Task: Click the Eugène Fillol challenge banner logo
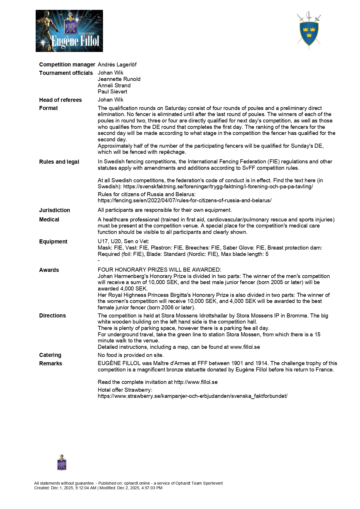[69, 31]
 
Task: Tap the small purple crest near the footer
[62, 463]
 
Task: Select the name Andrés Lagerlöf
[117, 64]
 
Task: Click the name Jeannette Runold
[119, 79]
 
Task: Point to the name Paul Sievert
[112, 92]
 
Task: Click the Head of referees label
[60, 100]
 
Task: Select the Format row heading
[48, 108]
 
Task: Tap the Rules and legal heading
[59, 162]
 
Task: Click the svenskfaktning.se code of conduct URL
[218, 187]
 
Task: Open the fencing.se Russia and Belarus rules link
[184, 201]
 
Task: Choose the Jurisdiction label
[55, 210]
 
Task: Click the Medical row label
[49, 219]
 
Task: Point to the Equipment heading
[53, 241]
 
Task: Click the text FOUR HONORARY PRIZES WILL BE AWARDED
[159, 270]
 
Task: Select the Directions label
[53, 315]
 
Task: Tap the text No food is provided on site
[131, 355]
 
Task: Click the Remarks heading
[50, 363]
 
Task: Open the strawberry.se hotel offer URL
[193, 396]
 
